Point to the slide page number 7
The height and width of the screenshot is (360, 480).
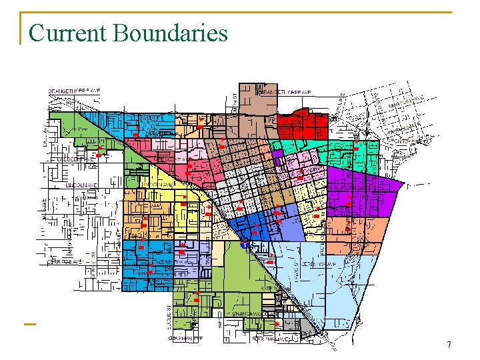coord(449,345)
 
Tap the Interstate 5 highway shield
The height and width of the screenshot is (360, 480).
coord(245,244)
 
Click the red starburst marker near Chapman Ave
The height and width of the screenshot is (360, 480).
coord(277,324)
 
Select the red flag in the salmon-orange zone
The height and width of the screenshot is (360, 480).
coord(348,229)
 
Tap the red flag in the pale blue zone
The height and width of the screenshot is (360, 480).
coord(270,262)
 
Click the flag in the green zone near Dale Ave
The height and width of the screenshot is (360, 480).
coord(99,155)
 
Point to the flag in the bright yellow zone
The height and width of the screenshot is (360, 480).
coord(183,199)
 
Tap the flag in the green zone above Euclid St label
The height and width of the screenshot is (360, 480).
coord(197,294)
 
